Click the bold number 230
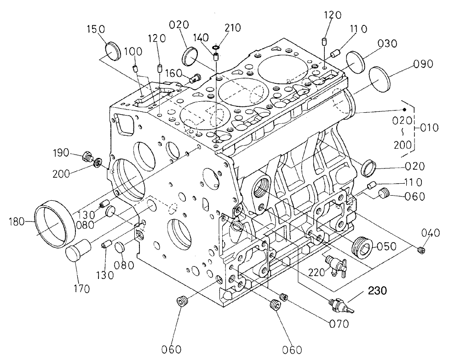click(x=377, y=290)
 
